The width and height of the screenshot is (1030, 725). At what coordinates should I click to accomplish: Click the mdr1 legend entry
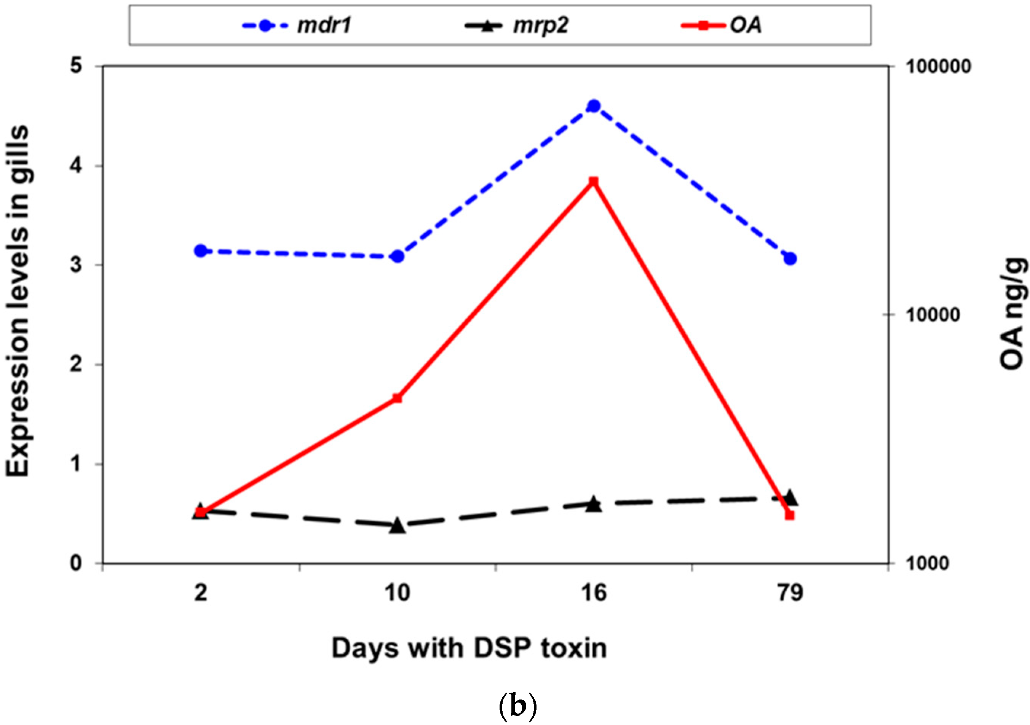[x=296, y=25]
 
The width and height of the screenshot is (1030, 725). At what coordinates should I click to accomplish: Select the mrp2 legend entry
[x=516, y=25]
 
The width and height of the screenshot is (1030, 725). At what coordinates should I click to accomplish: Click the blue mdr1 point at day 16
[x=594, y=106]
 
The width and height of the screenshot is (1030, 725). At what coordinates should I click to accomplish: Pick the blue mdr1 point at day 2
[x=201, y=251]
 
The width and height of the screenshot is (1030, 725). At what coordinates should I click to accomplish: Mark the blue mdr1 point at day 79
[x=790, y=259]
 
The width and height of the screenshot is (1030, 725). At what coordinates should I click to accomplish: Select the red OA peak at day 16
[x=594, y=181]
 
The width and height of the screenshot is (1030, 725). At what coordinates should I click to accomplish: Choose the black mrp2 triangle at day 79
[x=790, y=498]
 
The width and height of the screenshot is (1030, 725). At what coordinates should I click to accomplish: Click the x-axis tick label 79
[x=790, y=594]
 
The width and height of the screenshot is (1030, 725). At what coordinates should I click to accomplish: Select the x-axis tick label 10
[x=398, y=594]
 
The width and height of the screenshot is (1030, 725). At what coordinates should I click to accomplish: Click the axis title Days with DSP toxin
[x=469, y=649]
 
